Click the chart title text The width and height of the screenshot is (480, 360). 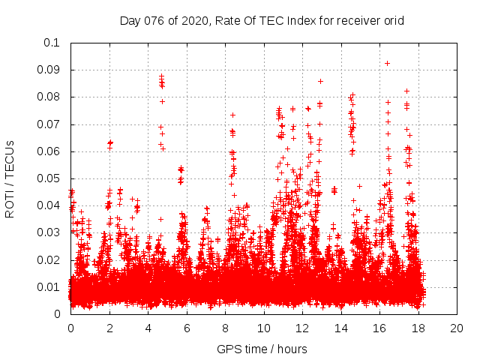coord(262,20)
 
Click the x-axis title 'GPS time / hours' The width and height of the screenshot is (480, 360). coord(262,349)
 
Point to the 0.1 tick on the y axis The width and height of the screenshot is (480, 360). coord(52,43)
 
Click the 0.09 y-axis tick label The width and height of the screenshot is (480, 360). coord(49,70)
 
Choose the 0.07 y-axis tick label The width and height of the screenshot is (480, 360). coord(49,124)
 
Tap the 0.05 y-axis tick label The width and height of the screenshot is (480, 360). coord(49,178)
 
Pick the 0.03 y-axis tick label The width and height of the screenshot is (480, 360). coord(49,233)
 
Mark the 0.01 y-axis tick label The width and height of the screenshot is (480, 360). coord(49,287)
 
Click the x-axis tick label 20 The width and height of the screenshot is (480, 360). coord(457,329)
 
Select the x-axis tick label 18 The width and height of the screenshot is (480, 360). coord(418,329)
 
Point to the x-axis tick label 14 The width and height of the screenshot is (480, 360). coord(341,329)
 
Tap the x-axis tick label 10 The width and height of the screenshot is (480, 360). coord(264,329)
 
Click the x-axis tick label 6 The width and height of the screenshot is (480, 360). coord(187,329)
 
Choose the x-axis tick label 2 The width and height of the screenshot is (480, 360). coord(109,329)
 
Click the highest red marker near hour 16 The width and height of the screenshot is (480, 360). coord(387,63)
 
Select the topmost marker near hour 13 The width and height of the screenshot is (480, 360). coord(320,81)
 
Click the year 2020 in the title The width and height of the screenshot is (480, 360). coord(195,20)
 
